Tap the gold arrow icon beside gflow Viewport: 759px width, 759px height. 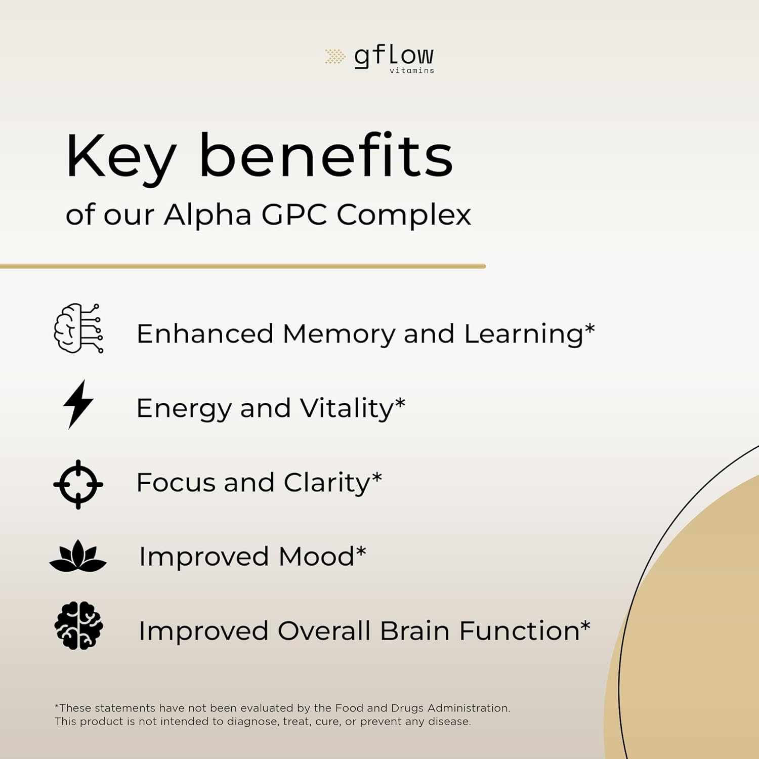[335, 56]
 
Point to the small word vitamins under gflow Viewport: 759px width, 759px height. [411, 70]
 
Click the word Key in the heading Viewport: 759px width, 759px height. [121, 157]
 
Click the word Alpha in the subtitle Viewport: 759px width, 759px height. [207, 215]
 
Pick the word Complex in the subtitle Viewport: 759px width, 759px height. [404, 215]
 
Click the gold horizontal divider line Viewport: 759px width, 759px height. [243, 266]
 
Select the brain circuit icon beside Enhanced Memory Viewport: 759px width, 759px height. [78, 328]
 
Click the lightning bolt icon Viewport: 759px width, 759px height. [78, 404]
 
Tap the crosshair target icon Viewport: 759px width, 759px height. [78, 484]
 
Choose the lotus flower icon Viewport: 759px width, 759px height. [78, 556]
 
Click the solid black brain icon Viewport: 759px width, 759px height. [78, 625]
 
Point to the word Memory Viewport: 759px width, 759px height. [339, 334]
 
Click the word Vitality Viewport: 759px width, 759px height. [347, 408]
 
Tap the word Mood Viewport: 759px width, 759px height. [316, 557]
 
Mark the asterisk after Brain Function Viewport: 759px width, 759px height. [585, 625]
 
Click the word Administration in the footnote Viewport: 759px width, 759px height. [469, 708]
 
